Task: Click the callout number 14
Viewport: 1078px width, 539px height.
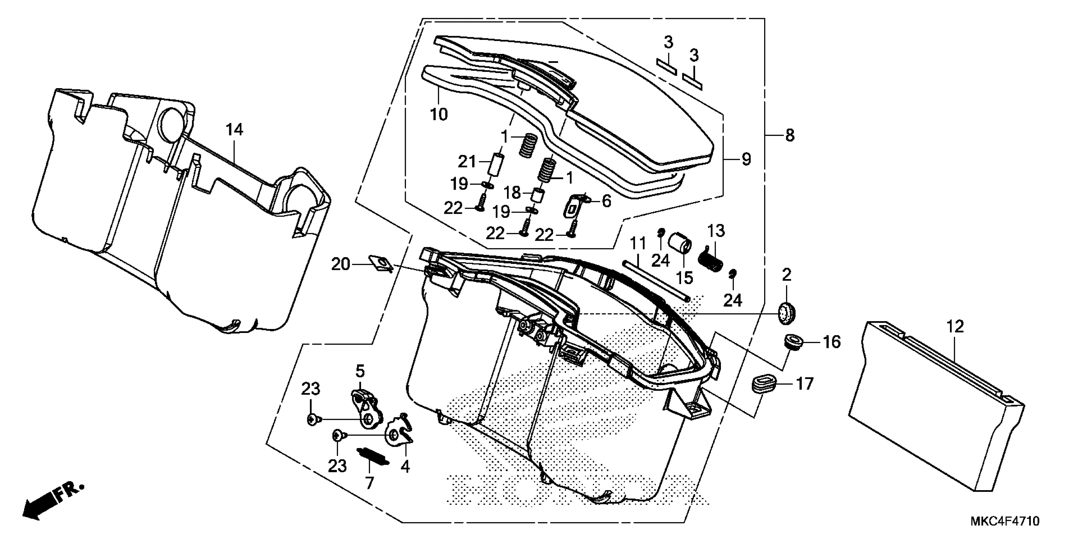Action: [234, 130]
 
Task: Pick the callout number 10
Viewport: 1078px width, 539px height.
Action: [438, 114]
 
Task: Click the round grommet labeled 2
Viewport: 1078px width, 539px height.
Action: [786, 313]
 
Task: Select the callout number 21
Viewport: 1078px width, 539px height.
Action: [467, 161]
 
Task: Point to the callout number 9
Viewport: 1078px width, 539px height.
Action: [746, 159]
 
